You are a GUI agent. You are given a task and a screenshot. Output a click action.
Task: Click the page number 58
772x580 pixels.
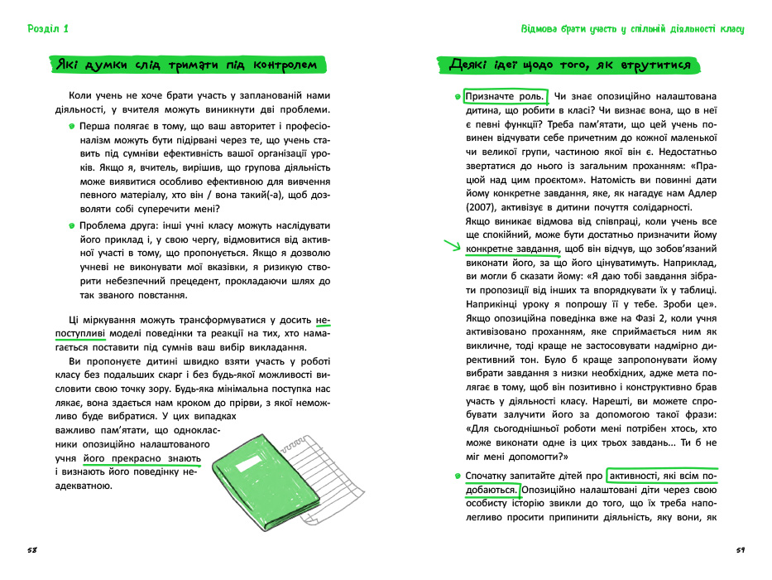click(32, 549)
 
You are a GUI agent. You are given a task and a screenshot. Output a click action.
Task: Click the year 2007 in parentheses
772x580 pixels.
click(486, 206)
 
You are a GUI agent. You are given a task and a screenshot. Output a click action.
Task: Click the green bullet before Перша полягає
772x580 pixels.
click(73, 126)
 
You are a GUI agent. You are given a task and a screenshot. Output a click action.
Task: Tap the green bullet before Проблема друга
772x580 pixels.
click(73, 225)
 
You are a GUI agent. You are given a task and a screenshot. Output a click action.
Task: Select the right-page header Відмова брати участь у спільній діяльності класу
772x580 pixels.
click(632, 29)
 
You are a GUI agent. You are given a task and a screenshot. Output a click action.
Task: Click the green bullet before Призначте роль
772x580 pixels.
click(458, 96)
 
